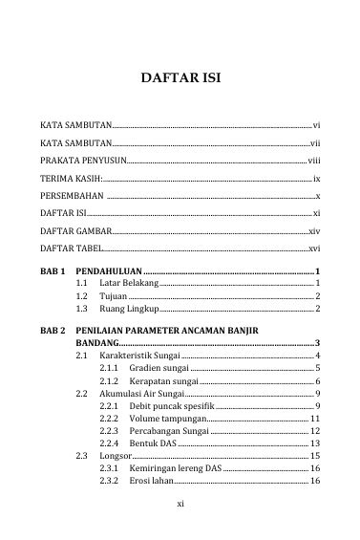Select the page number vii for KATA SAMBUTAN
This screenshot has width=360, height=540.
[x=314, y=142]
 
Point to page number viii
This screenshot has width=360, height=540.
[x=313, y=161]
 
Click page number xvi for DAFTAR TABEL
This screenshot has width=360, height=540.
[x=314, y=249]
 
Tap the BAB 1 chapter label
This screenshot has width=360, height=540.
[x=52, y=273]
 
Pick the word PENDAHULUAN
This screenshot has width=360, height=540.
[x=107, y=273]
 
